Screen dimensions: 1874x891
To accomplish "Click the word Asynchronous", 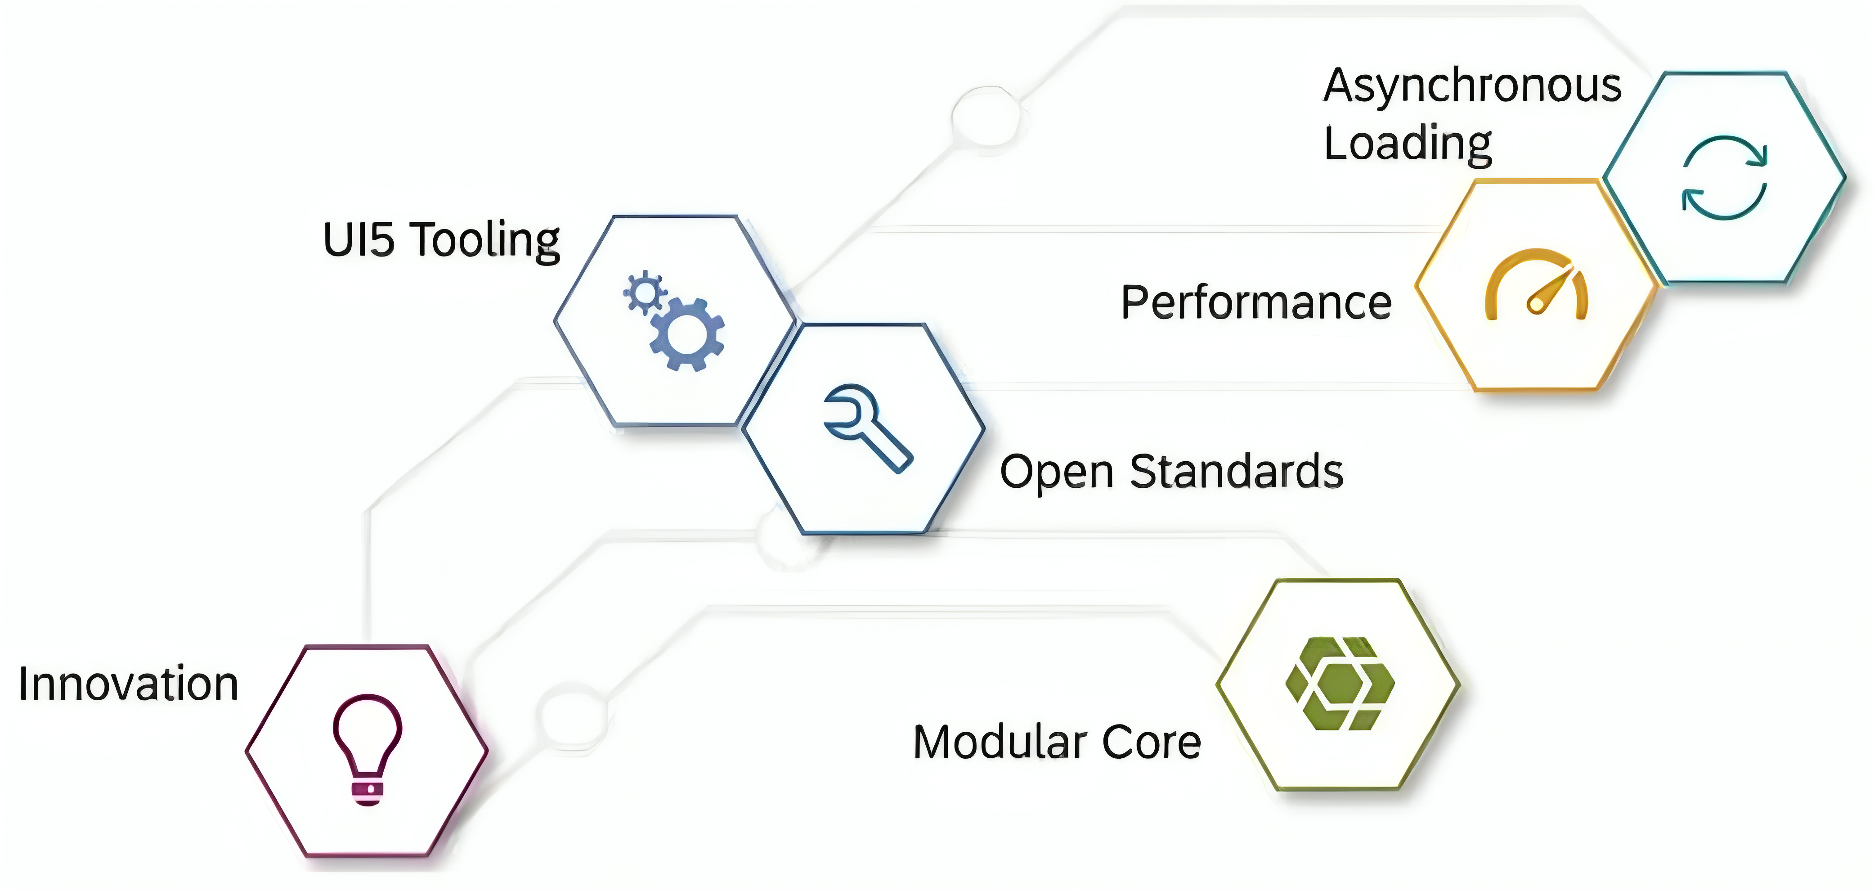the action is click(1472, 86).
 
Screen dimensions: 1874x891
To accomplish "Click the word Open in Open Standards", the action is click(1057, 473).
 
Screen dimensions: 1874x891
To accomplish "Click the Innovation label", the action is click(129, 684).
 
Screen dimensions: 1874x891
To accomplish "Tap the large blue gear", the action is click(687, 334).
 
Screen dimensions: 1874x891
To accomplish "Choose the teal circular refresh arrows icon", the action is click(1724, 178).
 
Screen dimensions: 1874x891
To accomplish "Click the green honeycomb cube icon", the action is click(1340, 684).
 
